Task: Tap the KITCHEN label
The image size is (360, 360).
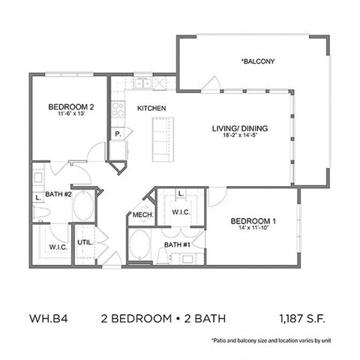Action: coord(151,109)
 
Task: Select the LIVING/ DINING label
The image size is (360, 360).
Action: coord(240,128)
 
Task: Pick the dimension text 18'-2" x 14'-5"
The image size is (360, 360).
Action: coord(240,137)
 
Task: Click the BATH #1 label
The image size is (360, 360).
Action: coord(178,244)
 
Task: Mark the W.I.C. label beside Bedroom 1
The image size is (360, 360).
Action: coord(181,212)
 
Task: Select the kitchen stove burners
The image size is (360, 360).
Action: coord(118,107)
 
